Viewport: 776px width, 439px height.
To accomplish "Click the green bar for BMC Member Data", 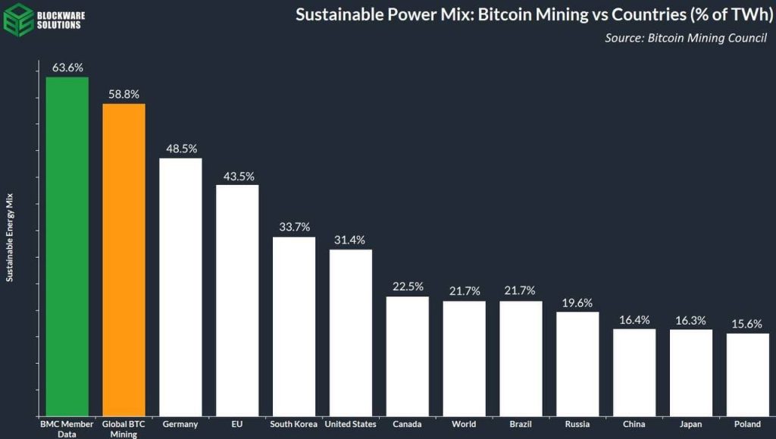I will tap(67, 246).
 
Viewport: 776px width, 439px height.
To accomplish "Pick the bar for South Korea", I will tap(294, 326).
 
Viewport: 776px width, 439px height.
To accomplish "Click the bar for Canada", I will tap(408, 356).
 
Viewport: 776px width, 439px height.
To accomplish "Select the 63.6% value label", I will tap(67, 67).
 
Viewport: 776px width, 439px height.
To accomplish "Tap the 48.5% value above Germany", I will tap(180, 149).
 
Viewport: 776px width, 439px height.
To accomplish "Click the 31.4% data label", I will tap(350, 240).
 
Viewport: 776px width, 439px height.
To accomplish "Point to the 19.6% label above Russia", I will tap(577, 302).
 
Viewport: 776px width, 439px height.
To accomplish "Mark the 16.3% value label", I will tap(691, 320).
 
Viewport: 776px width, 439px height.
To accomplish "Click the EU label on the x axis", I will tap(237, 425).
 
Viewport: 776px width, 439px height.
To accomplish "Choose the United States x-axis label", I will tap(350, 425).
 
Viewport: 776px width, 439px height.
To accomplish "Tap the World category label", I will tap(464, 425).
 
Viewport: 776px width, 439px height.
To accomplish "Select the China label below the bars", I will tap(634, 425).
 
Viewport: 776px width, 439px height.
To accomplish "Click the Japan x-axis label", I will tap(691, 425).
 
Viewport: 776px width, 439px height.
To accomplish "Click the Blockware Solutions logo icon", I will tap(17, 19).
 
